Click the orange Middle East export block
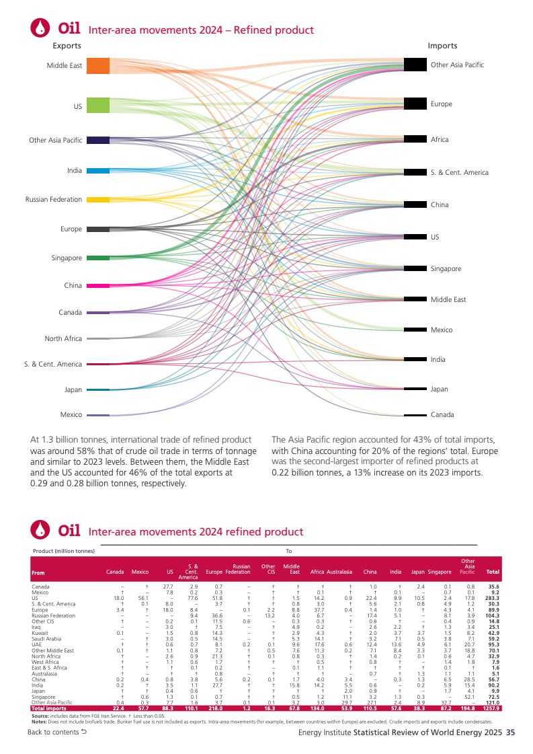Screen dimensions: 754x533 [x=98, y=65]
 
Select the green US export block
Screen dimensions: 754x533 [x=98, y=105]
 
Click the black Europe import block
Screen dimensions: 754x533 [x=415, y=104]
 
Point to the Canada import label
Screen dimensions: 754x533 [x=442, y=414]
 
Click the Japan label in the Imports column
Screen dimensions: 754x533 [x=439, y=389]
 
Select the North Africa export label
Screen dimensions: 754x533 [x=63, y=338]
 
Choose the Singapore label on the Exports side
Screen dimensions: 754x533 [x=67, y=258]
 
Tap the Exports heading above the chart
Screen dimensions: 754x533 [x=67, y=46]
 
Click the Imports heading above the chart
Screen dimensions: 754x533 [x=442, y=46]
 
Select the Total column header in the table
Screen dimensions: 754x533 [x=493, y=572]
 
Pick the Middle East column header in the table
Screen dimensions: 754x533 [x=291, y=569]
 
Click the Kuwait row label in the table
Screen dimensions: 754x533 [x=39, y=633]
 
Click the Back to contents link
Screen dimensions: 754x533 [x=57, y=732]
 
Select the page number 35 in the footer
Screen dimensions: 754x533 [x=510, y=732]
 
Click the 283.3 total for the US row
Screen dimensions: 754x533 [x=492, y=597]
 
